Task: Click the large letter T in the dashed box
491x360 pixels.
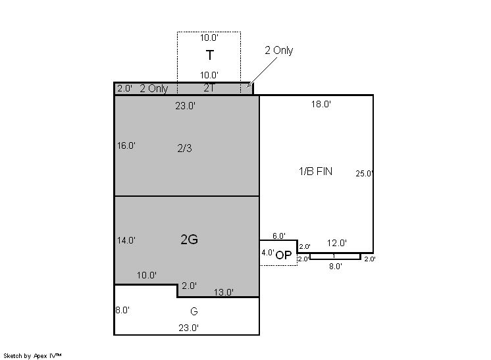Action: pos(210,55)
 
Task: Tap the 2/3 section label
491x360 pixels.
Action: pos(185,148)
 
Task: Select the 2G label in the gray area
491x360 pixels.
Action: pos(189,240)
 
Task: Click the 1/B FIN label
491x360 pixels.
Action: pos(316,171)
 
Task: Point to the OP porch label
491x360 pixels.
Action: pos(284,255)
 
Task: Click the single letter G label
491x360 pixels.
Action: pos(194,311)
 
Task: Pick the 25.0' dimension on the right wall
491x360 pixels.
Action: pos(364,174)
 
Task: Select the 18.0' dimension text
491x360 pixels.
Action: pos(321,104)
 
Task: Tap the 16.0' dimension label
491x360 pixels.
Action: pos(126,145)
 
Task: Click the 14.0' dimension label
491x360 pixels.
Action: pos(126,240)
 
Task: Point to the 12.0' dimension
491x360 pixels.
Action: pos(336,243)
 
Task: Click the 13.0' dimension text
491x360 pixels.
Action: pos(224,292)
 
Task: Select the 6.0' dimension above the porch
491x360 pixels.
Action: pos(278,236)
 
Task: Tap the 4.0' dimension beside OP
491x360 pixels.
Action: pos(268,253)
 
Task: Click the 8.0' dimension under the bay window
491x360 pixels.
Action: pos(336,267)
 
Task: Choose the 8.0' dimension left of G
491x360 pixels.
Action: pos(122,310)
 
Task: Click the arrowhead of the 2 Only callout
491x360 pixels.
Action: pos(248,86)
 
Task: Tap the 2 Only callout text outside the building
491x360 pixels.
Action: pos(279,51)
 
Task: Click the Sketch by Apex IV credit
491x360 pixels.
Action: pos(32,356)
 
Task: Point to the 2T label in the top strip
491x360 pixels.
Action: pos(209,88)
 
